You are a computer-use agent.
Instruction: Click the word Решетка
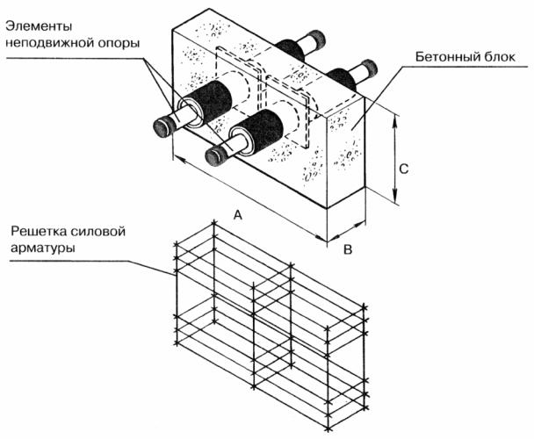click(42, 233)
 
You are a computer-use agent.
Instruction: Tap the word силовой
click(106, 233)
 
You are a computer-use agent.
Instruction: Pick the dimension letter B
click(348, 250)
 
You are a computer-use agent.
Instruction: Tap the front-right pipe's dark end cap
click(213, 155)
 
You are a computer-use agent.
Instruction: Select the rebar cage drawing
click(268, 325)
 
